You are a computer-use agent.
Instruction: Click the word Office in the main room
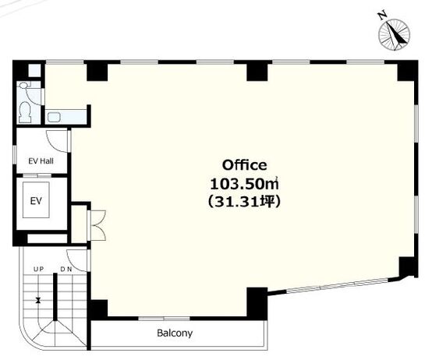tap(245, 165)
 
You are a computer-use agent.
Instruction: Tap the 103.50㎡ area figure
tap(245, 184)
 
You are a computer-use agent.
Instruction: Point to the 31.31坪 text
tap(245, 202)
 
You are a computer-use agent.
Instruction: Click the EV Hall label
tap(41, 161)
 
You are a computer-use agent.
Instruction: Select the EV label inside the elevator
tap(36, 201)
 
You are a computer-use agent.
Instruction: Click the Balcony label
tap(175, 333)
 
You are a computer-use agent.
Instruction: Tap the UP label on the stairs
tap(38, 270)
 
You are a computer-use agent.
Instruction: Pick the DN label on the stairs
tap(66, 270)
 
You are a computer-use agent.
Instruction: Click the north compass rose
tap(395, 34)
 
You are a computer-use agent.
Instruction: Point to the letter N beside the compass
tap(382, 16)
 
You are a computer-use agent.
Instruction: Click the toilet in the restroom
tap(26, 112)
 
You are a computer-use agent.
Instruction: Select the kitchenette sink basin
tap(54, 118)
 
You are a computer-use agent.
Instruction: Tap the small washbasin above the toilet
tap(23, 85)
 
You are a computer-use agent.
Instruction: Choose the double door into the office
tap(97, 225)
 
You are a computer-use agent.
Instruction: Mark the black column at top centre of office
tap(257, 72)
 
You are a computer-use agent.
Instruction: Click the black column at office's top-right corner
tap(407, 71)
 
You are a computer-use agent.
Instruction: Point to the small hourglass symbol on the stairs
tap(38, 300)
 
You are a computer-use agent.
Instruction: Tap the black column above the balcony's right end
tap(257, 304)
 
